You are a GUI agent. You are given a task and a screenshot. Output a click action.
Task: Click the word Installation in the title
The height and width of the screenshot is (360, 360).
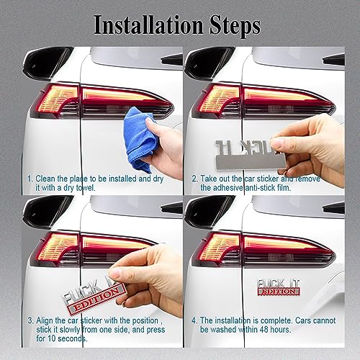[147, 26]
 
